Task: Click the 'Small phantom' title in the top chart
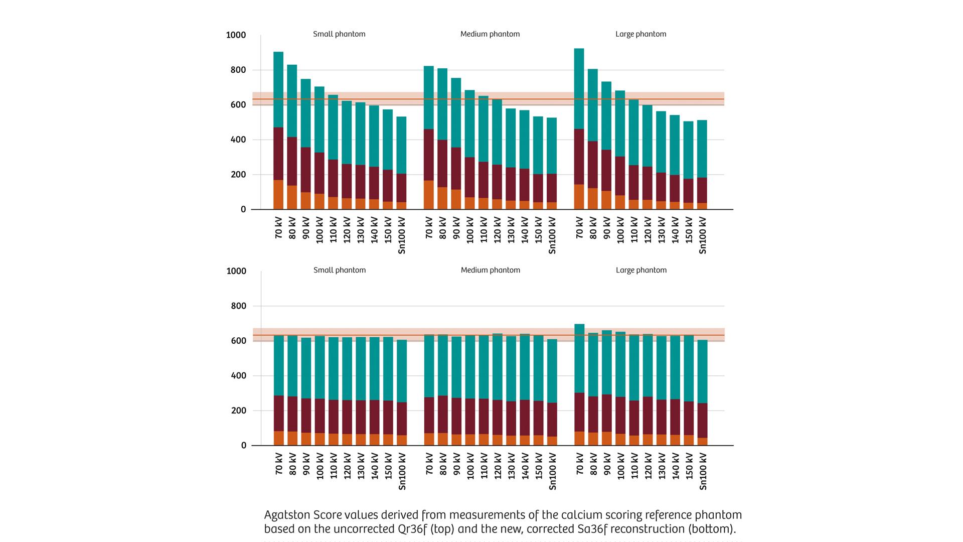[339, 34]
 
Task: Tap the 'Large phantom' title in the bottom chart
[641, 270]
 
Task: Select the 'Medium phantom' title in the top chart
[490, 34]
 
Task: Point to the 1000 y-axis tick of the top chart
[236, 35]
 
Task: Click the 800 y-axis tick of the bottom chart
[238, 306]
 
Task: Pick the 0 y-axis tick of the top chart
[243, 210]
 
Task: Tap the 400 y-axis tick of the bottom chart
[238, 376]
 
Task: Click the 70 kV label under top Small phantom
[279, 228]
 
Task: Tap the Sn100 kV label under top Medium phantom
[552, 235]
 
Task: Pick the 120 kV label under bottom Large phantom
[648, 466]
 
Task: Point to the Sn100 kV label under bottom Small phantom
[401, 471]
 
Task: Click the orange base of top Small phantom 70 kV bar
[278, 195]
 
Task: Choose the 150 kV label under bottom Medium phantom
[538, 466]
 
